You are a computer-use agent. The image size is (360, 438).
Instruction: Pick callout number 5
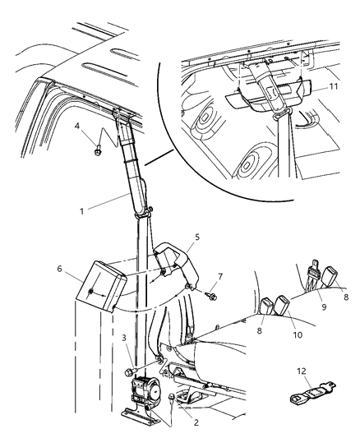click(196, 239)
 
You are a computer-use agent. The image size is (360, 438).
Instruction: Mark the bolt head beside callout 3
click(129, 374)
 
